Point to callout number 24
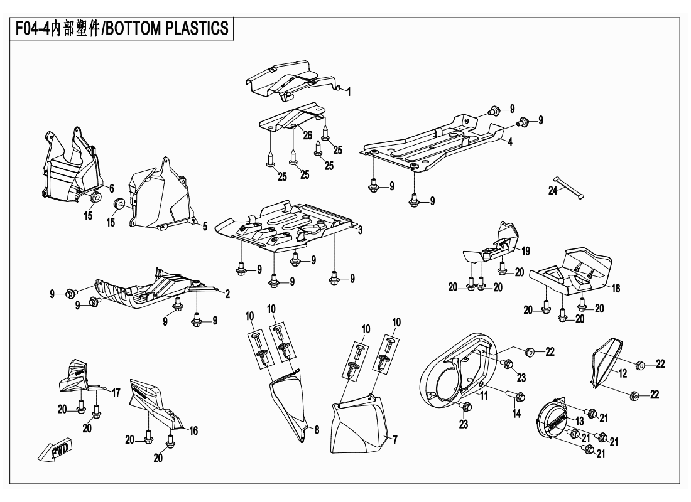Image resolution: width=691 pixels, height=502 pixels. (552, 191)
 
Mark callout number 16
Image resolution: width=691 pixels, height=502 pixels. (193, 431)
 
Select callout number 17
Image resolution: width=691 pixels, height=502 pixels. (116, 393)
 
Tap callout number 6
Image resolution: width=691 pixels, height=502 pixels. (111, 188)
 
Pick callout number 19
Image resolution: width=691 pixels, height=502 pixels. (526, 251)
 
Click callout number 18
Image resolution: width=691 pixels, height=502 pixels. (616, 288)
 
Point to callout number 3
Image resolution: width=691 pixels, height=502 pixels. (360, 232)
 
